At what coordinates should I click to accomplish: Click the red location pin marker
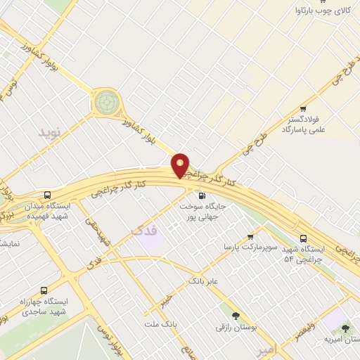(181, 165)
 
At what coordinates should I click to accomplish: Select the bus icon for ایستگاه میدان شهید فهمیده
(47, 195)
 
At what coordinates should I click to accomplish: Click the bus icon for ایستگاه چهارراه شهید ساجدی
(45, 290)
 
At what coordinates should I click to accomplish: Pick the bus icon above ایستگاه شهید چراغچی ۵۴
(303, 239)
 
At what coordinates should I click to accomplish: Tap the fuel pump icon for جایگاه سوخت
(202, 195)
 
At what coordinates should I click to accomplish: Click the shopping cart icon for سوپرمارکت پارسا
(250, 237)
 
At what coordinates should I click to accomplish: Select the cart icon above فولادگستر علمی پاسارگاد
(303, 109)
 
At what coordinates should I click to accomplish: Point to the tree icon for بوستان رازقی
(236, 316)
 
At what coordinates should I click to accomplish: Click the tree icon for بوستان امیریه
(345, 328)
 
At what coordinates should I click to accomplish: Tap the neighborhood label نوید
(50, 132)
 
